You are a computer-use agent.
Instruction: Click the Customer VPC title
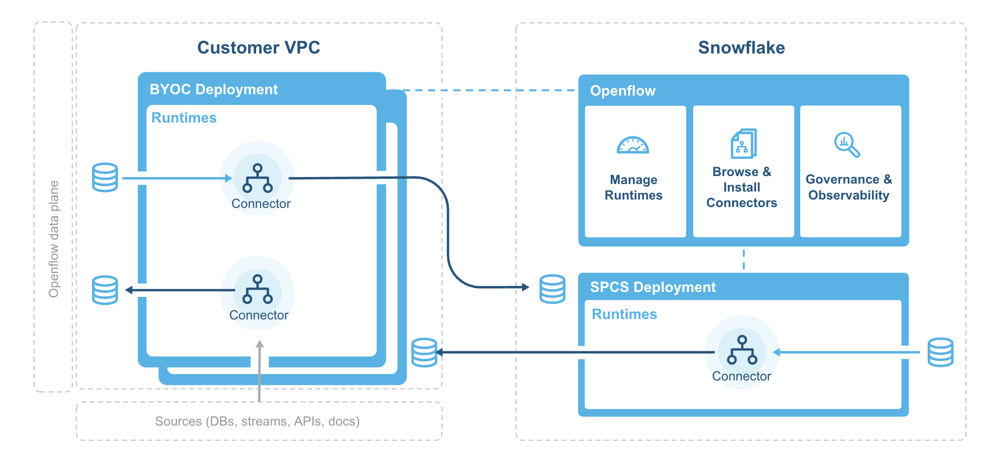click(x=258, y=48)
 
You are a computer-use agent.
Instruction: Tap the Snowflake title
click(x=741, y=48)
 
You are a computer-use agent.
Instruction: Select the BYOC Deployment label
click(x=214, y=89)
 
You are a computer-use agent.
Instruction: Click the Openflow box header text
click(x=622, y=91)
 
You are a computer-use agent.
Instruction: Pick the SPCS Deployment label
click(x=653, y=287)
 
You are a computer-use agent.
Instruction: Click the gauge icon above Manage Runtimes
click(x=633, y=145)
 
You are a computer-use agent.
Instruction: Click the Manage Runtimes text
click(x=633, y=187)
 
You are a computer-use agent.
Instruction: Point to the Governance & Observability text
click(x=848, y=187)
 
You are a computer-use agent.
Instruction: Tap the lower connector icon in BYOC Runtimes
click(x=257, y=289)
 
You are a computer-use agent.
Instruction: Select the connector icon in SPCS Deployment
click(x=742, y=350)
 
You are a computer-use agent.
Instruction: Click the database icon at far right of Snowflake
click(x=940, y=352)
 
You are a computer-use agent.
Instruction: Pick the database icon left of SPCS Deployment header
click(x=552, y=289)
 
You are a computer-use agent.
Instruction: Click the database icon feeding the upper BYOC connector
click(x=105, y=177)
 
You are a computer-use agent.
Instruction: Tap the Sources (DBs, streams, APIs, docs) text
click(x=257, y=421)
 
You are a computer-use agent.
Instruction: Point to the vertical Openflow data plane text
click(x=54, y=239)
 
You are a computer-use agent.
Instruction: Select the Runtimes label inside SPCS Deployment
click(x=624, y=314)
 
